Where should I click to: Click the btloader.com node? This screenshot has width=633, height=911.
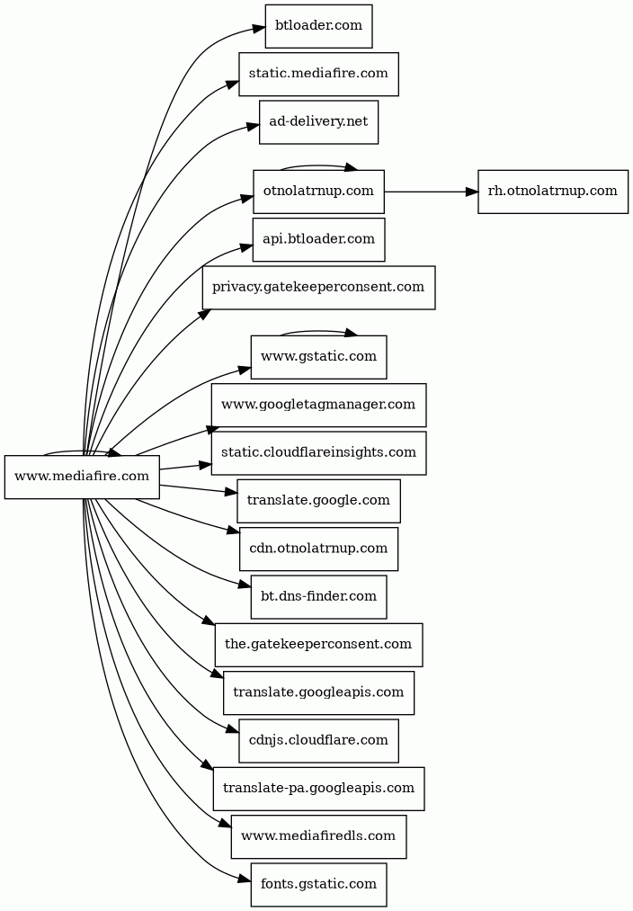(x=318, y=26)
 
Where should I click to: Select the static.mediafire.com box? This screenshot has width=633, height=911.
(x=318, y=74)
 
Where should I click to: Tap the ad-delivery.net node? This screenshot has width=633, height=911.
(x=318, y=121)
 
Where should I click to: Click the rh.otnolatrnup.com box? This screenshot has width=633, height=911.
(x=552, y=192)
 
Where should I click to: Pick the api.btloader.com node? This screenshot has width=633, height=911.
(x=318, y=239)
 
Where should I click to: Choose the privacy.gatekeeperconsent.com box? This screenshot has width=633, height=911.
(x=318, y=288)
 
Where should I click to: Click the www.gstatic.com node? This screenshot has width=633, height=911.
(x=318, y=357)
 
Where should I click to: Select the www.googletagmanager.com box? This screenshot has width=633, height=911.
(x=318, y=405)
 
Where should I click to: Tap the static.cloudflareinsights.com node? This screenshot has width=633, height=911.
(x=318, y=452)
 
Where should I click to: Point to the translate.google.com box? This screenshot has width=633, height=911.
(x=318, y=501)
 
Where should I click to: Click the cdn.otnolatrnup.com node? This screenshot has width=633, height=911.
(x=318, y=549)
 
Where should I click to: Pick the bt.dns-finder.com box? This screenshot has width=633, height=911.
(x=318, y=596)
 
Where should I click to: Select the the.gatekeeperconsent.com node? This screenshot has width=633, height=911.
(x=318, y=645)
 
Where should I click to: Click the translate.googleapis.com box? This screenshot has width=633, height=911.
(x=318, y=692)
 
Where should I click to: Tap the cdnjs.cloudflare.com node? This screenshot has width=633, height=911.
(x=318, y=740)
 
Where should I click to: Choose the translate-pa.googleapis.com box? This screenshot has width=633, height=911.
(x=318, y=789)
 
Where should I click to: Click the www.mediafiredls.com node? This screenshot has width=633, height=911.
(x=318, y=836)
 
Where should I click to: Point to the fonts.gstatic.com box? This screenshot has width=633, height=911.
(x=318, y=884)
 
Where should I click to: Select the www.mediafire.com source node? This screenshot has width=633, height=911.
(x=82, y=477)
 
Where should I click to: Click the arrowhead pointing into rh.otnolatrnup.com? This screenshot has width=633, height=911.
(x=471, y=192)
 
